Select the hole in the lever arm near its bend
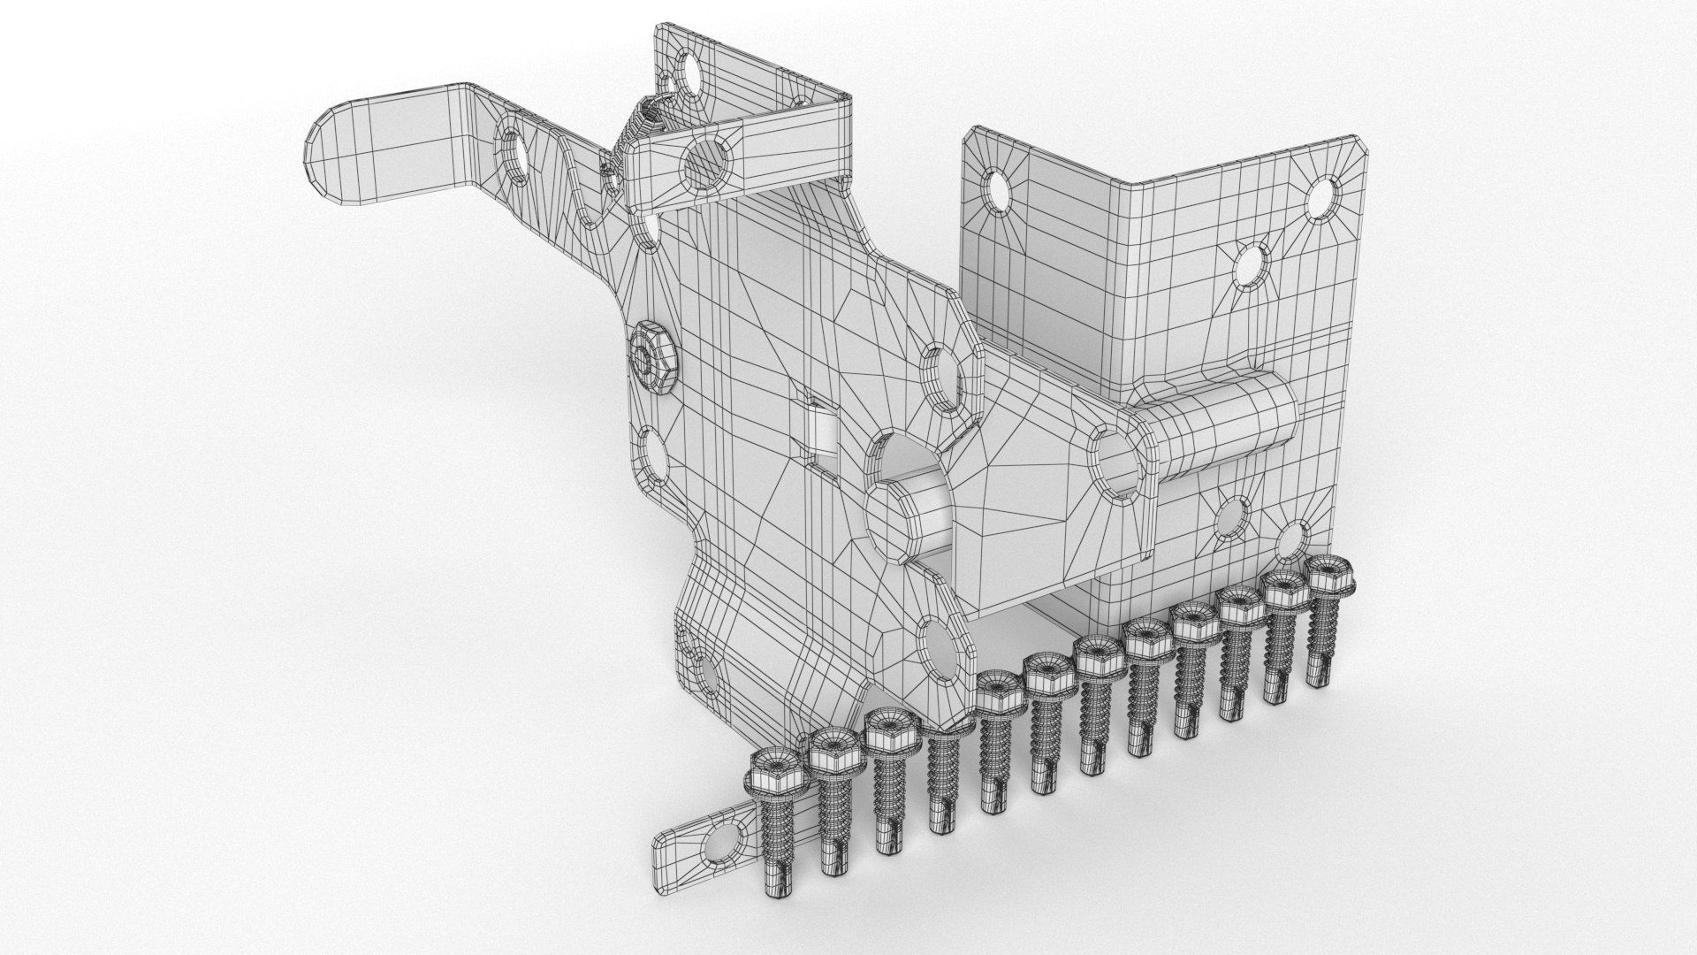514,157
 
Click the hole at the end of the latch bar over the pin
1117,460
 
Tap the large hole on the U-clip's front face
707,166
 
